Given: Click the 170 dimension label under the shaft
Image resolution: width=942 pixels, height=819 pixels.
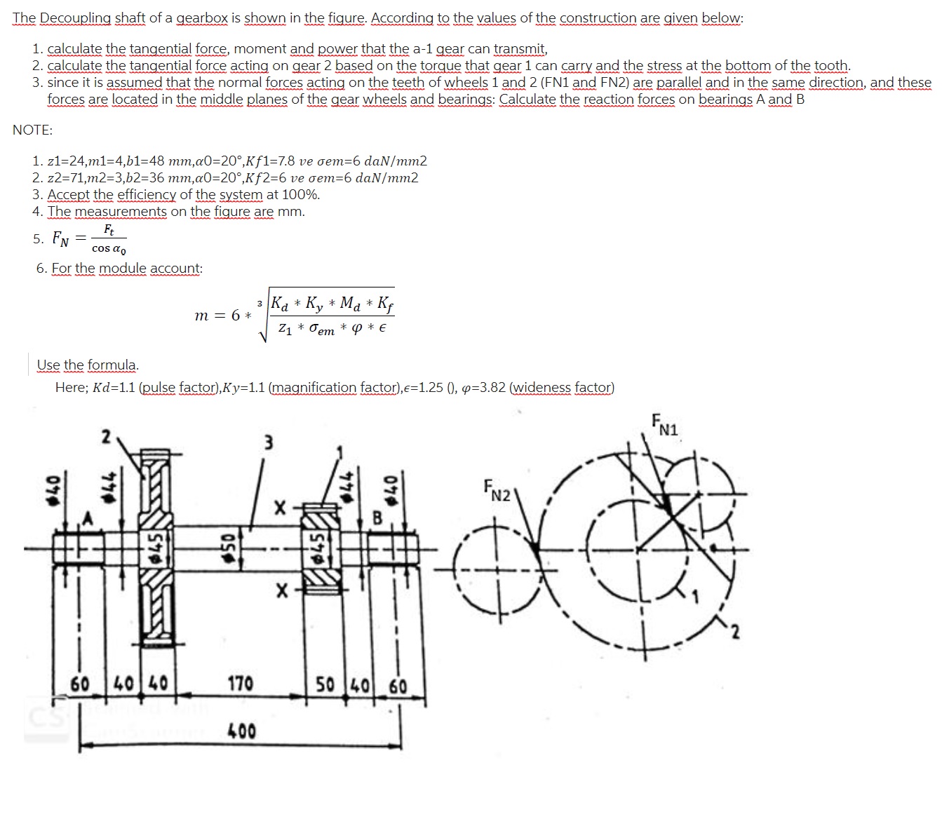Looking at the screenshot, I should tap(240, 682).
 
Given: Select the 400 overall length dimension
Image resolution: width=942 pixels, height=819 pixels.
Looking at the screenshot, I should tap(242, 731).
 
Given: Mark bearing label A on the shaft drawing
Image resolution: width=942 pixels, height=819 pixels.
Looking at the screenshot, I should tap(88, 518).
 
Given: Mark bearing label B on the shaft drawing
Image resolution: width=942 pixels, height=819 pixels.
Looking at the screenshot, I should tap(376, 520).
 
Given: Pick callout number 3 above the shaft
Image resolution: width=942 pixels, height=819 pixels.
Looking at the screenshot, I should tap(268, 443).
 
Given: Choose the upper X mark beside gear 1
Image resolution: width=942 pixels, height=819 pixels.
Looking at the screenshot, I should tap(280, 506).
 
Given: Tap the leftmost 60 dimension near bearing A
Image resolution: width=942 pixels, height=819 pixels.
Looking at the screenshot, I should tap(80, 682).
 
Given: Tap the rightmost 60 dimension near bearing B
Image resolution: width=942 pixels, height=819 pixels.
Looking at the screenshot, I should tap(398, 684).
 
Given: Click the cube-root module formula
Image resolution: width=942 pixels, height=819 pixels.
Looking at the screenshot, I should tap(295, 315).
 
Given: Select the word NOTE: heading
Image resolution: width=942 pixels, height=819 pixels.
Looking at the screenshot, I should tap(32, 130).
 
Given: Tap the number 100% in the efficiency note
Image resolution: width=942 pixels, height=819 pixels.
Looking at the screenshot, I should tap(303, 194).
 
